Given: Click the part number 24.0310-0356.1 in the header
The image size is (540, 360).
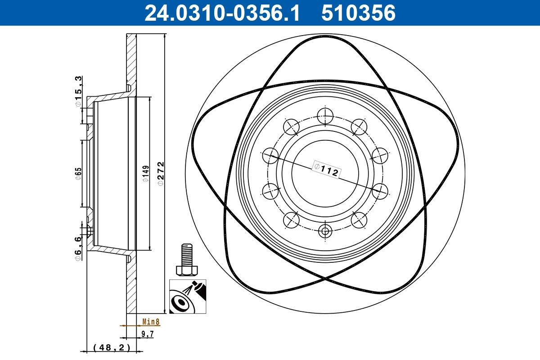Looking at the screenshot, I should tap(221, 13).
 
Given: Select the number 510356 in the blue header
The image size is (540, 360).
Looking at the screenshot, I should tap(358, 13).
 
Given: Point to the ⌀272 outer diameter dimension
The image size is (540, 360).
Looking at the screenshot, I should tap(161, 173).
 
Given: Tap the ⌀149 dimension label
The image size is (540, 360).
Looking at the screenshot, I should tap(145, 173).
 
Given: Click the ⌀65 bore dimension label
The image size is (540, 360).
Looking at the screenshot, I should tap(78, 173).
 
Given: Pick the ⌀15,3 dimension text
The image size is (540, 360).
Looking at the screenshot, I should tap(79, 92).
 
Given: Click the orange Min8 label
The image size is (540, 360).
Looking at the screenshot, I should tap(151, 321).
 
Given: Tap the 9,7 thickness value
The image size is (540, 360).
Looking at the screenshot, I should tap(148, 334).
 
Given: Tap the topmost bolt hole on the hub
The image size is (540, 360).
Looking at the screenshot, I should tap(325, 116).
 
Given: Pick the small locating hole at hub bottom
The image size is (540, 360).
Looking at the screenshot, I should tap(325, 231).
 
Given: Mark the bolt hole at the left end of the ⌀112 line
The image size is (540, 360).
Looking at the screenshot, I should tap(270, 156).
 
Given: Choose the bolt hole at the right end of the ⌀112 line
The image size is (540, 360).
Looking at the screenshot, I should tap(380, 191).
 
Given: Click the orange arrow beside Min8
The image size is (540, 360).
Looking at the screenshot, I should tap(123, 325).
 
